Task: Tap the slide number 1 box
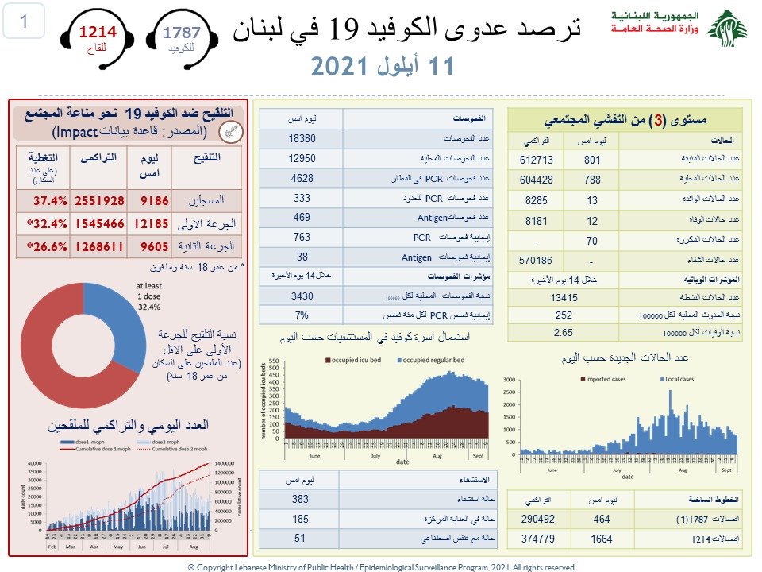24,22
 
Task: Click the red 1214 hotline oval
96,37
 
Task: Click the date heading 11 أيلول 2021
382,66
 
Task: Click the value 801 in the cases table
591,160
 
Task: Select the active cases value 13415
564,297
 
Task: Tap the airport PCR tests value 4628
302,178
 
